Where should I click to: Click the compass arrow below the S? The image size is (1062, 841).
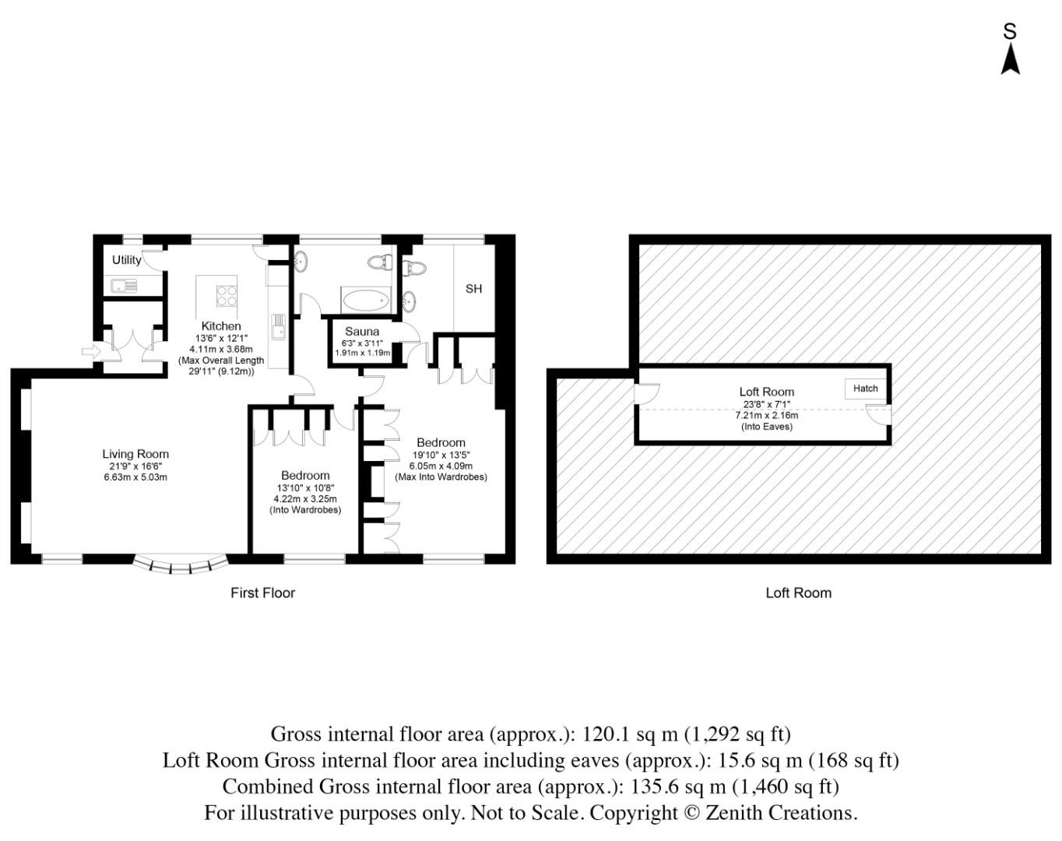pos(1010,60)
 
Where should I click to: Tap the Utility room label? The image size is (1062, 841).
pos(127,260)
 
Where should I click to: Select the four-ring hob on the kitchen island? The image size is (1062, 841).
pos(227,296)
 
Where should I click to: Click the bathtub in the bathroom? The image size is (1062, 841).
pos(365,299)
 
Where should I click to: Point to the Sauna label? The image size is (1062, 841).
pos(362,332)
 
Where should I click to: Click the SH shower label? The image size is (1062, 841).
pos(473,289)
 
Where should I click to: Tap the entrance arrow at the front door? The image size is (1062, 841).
pos(90,352)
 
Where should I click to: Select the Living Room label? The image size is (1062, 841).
pos(135,454)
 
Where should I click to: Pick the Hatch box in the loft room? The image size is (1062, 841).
pos(865,389)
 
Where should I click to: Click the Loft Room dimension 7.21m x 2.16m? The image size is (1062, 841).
pos(767,415)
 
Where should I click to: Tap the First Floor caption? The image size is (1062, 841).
pos(262,593)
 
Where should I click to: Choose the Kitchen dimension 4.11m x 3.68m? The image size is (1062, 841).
pos(221,350)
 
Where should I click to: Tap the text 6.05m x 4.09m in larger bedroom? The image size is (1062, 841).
pos(441,466)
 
